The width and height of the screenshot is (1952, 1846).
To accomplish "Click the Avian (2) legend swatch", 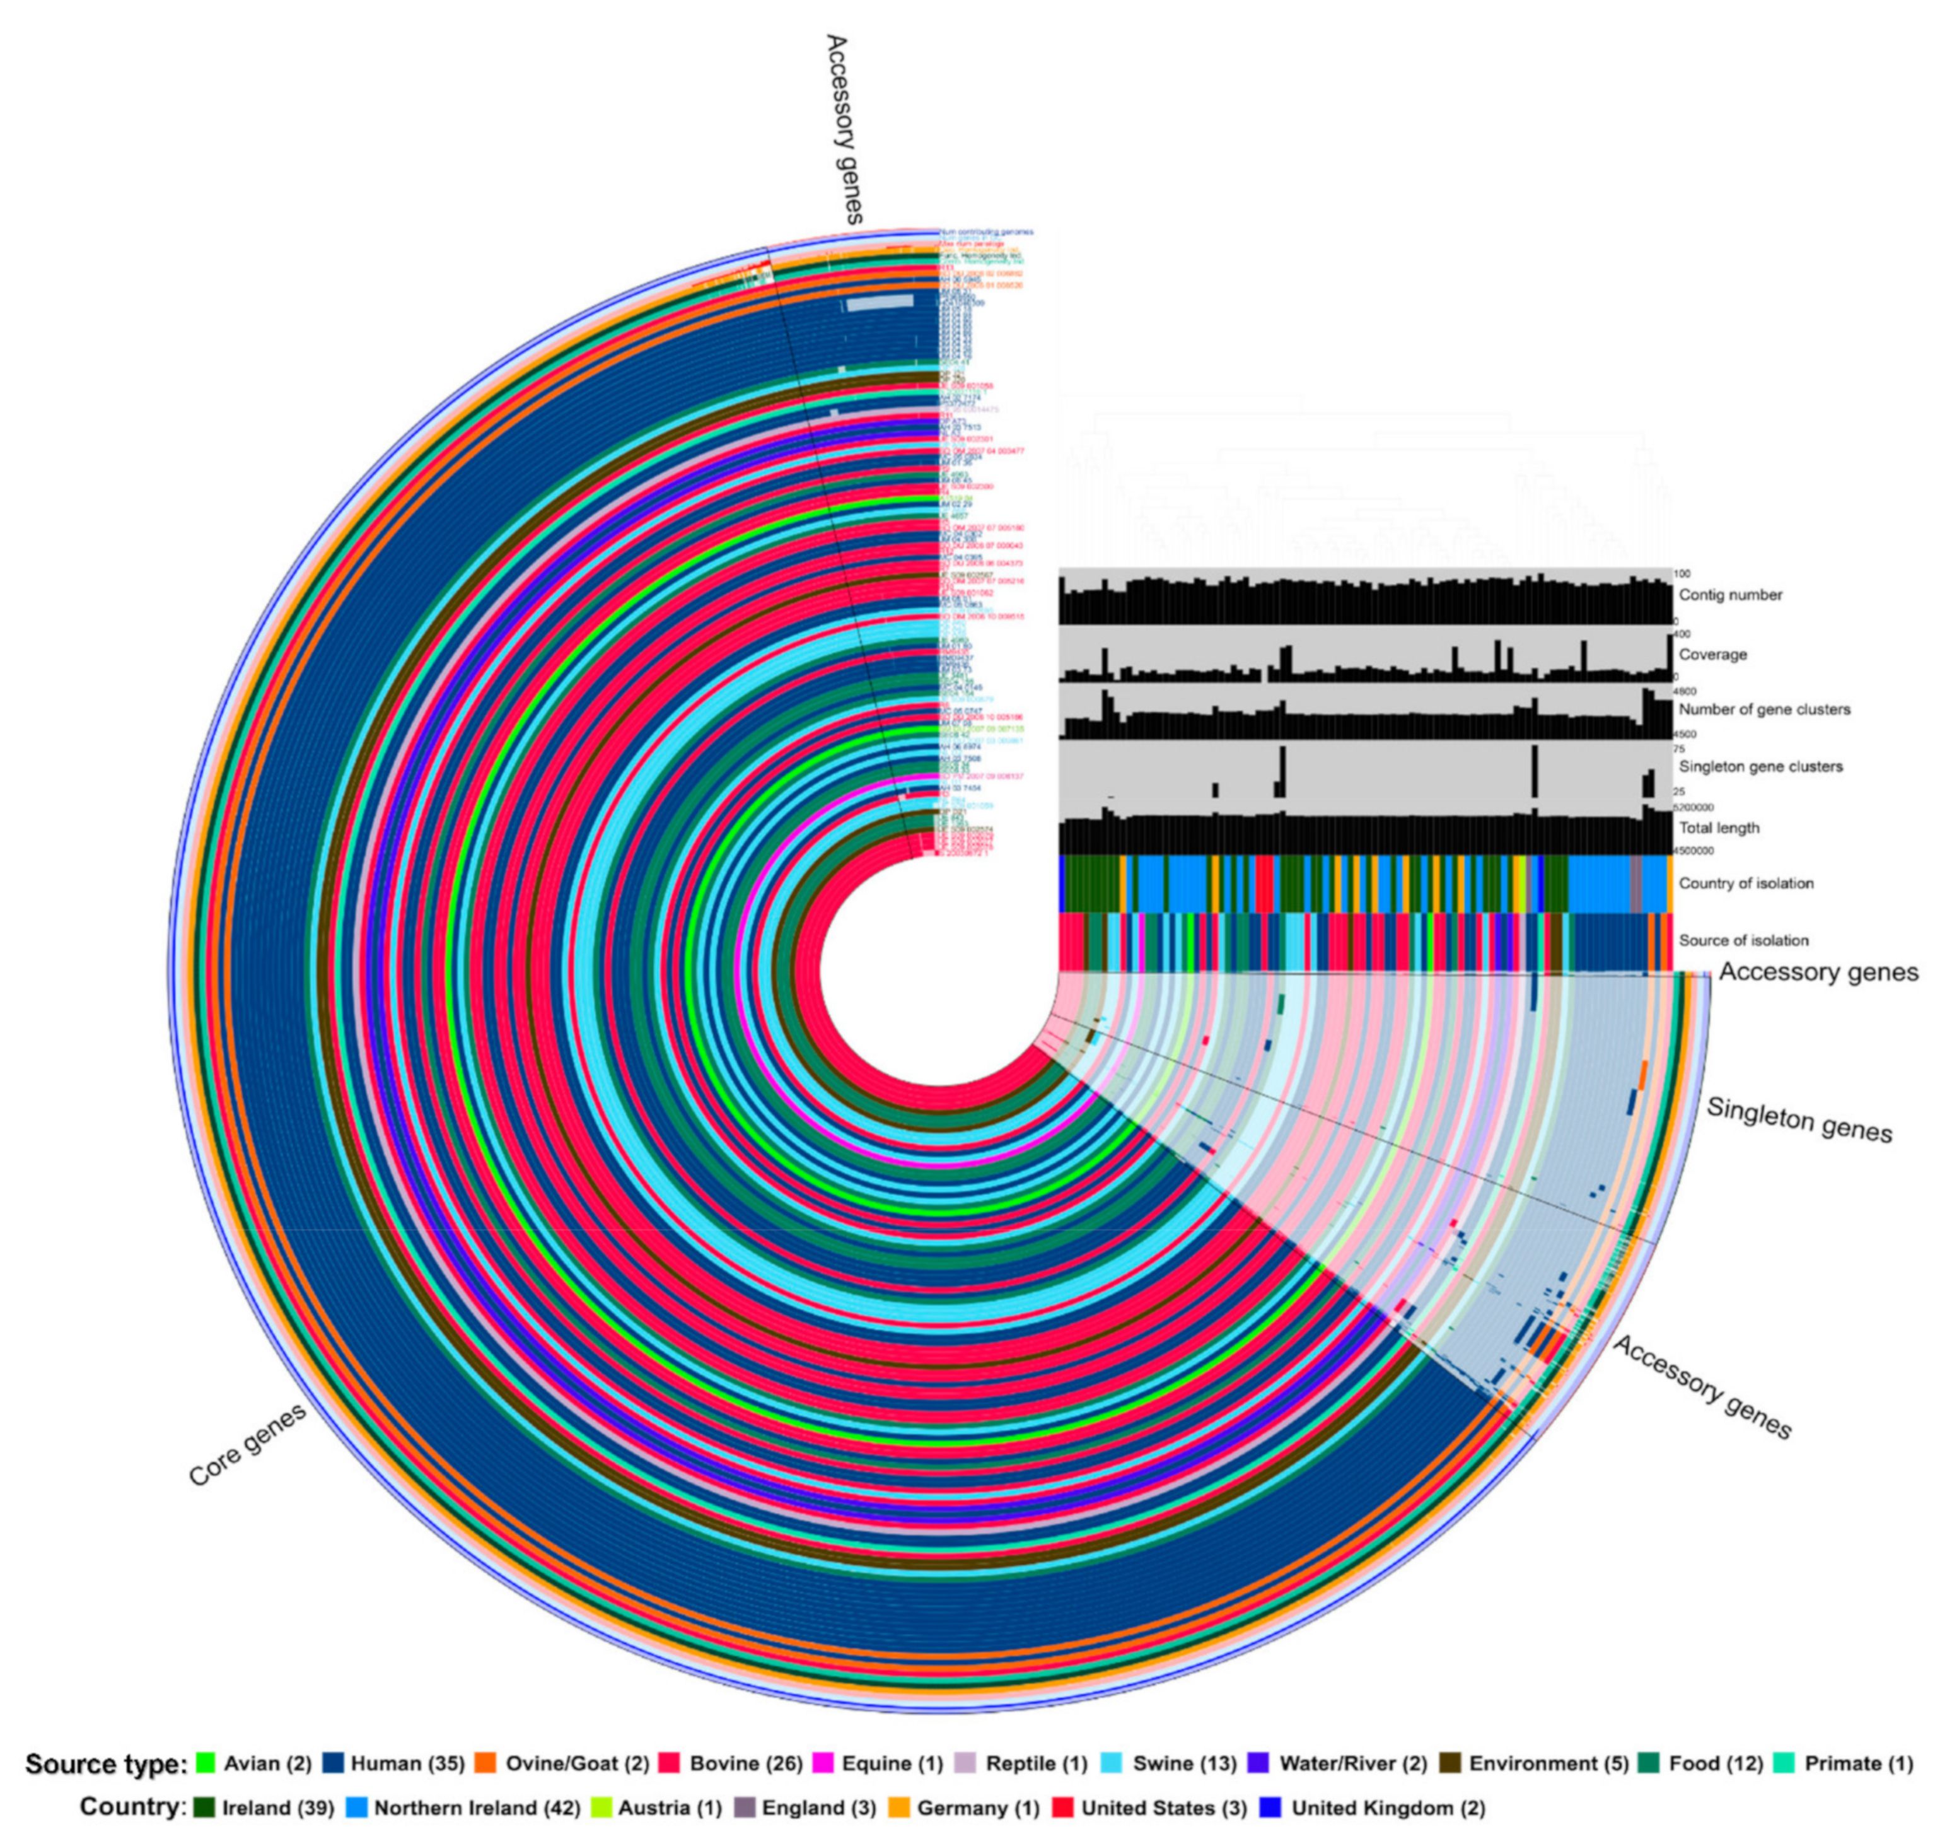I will tap(206, 1763).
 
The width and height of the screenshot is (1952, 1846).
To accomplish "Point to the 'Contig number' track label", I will tap(1731, 595).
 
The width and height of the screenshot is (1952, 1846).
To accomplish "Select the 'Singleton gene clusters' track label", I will tap(1760, 766).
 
